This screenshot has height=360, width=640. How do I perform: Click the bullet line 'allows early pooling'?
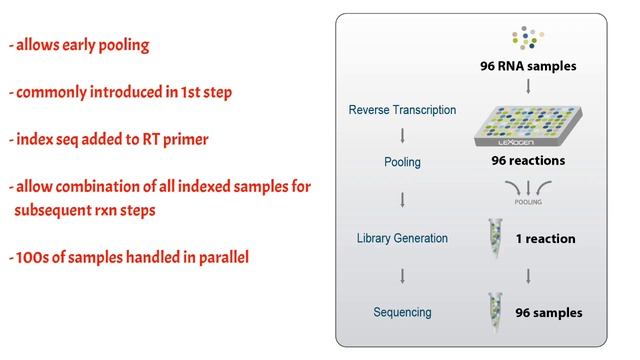tap(80, 46)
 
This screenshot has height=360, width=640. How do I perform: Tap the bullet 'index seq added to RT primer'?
tap(110, 139)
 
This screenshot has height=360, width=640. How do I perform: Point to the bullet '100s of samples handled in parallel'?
tap(129, 258)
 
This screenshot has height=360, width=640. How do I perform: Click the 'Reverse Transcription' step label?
tap(403, 110)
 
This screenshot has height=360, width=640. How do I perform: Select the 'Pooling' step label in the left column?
tap(402, 161)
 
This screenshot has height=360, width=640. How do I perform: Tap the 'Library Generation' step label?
tap(402, 238)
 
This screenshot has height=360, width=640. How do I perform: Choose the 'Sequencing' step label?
tap(402, 312)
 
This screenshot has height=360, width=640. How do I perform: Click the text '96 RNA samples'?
tap(529, 68)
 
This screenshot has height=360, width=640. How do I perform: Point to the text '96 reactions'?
tap(528, 161)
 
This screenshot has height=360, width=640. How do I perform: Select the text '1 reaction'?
tap(545, 239)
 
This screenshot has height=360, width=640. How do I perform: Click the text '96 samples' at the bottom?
tap(548, 313)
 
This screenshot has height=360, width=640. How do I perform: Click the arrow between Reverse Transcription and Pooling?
tap(402, 136)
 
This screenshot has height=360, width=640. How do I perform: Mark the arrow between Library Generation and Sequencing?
tap(402, 275)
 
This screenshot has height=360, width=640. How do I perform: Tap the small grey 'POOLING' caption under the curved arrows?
tap(528, 200)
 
